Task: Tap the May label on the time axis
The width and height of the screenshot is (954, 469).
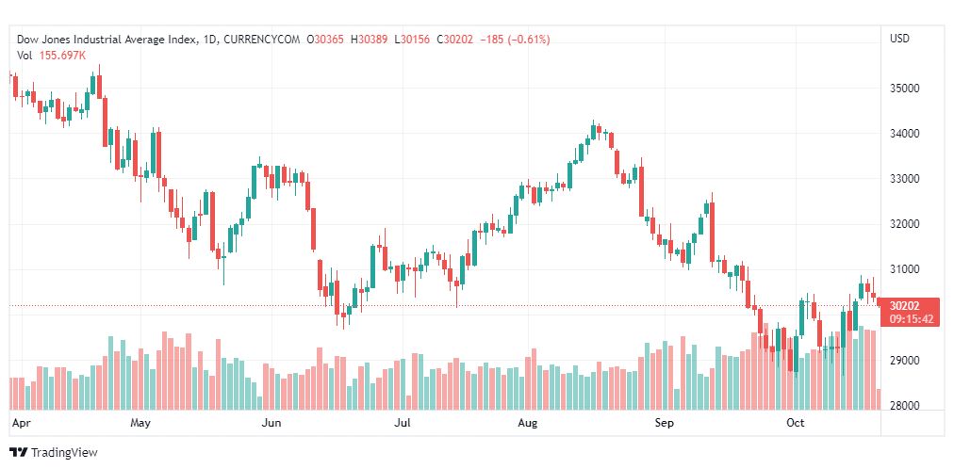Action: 140,423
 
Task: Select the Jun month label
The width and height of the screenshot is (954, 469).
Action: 271,423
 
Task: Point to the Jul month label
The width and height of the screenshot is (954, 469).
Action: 403,423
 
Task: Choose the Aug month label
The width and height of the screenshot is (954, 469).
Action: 527,423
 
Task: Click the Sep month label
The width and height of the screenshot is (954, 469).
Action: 665,423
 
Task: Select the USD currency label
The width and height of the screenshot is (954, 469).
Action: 899,39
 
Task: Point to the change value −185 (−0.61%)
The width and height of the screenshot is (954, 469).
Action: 515,40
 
